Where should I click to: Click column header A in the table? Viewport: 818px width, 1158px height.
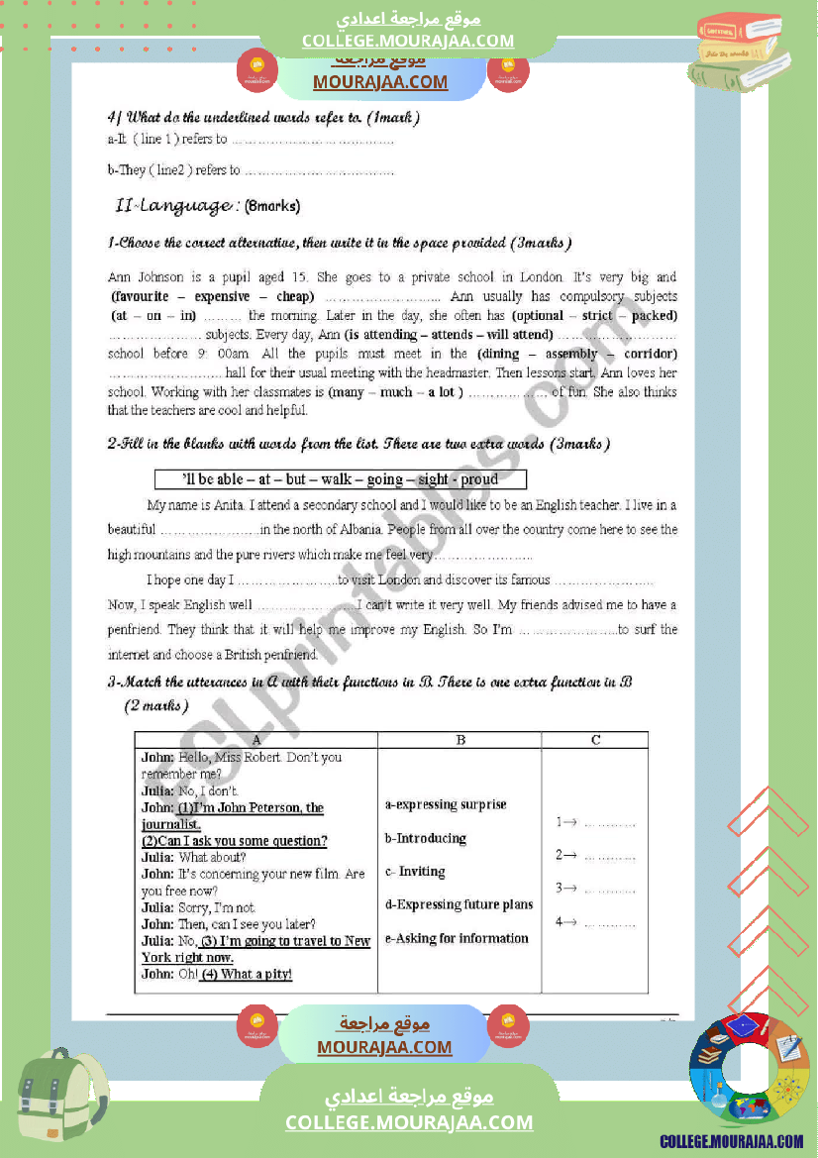click(x=256, y=740)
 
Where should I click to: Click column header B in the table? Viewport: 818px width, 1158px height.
click(x=460, y=740)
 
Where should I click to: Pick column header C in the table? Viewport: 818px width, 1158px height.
click(x=594, y=740)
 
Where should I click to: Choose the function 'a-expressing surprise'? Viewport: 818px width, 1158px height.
click(x=446, y=805)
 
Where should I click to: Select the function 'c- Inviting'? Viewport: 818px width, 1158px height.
click(x=415, y=872)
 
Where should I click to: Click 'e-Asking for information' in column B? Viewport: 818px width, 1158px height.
click(x=457, y=938)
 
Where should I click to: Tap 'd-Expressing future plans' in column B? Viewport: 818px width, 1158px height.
click(x=459, y=904)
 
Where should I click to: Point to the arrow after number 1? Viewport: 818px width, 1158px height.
click(x=571, y=822)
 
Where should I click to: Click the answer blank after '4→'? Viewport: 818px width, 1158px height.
click(x=610, y=924)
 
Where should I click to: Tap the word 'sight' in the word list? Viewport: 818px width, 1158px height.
click(x=433, y=479)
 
